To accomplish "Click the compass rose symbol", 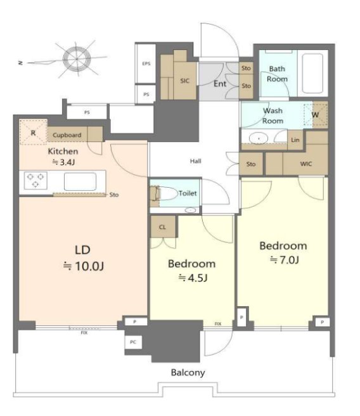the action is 77,58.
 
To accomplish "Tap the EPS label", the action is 146,63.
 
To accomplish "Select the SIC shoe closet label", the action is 185,81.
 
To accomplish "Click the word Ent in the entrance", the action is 220,84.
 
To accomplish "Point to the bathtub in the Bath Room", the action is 312,74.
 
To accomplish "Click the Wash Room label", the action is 273,115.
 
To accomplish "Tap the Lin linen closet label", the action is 295,140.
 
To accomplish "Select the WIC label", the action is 306,164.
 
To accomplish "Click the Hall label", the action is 195,161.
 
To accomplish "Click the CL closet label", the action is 162,227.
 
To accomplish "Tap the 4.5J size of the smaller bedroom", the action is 193,278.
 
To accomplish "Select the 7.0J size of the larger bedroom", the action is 285,260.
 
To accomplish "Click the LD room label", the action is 82,250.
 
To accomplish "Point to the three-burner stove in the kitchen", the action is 35,180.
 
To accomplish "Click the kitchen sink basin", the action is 80,181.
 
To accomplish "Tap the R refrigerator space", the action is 33,133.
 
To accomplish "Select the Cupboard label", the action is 67,135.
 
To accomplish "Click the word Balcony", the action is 188,373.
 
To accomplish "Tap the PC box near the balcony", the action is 133,342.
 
